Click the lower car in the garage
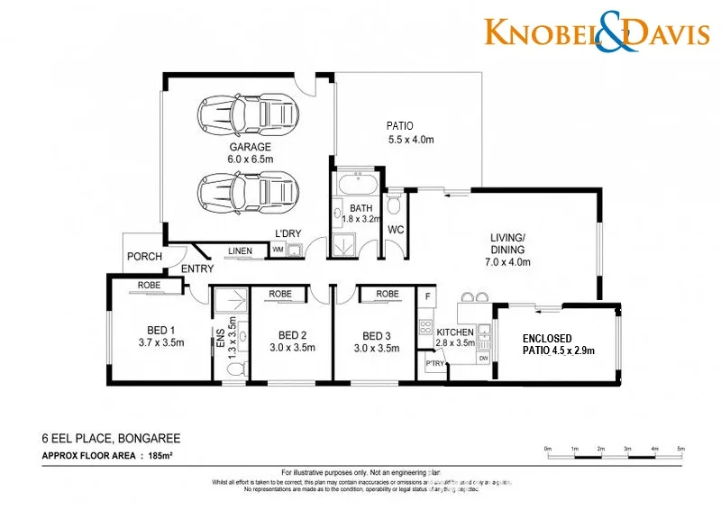250,190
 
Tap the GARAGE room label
250,147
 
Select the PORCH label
144,257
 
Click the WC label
395,230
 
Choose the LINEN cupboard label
240,250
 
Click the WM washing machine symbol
278,250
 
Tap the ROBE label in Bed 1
149,286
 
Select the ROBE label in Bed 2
279,294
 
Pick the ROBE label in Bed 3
388,294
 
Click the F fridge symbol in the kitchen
428,296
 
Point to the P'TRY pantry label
434,363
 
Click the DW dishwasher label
484,358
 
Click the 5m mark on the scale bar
681,449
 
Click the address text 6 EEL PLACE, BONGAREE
111,439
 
